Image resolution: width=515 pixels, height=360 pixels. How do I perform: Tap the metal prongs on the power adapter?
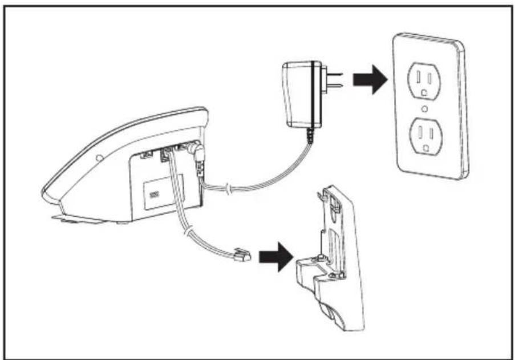[x=334, y=80]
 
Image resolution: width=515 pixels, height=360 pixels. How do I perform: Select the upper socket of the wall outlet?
[x=423, y=80]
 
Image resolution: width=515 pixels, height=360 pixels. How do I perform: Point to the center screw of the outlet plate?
[x=424, y=108]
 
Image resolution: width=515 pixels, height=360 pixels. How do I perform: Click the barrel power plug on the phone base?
[x=197, y=152]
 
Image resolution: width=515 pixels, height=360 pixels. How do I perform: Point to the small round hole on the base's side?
[x=100, y=157]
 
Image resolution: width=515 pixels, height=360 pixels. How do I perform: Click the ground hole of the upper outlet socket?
[x=423, y=91]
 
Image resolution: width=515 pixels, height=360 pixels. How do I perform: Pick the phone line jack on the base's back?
[x=166, y=152]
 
